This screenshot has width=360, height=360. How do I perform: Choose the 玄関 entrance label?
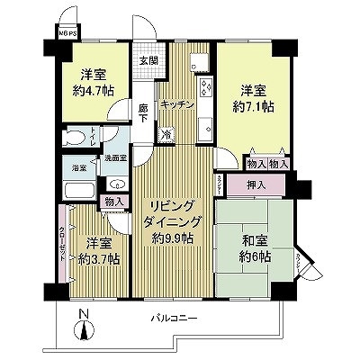148,60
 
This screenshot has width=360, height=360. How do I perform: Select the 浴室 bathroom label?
78,167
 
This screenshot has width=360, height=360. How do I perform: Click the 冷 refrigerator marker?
167,134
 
